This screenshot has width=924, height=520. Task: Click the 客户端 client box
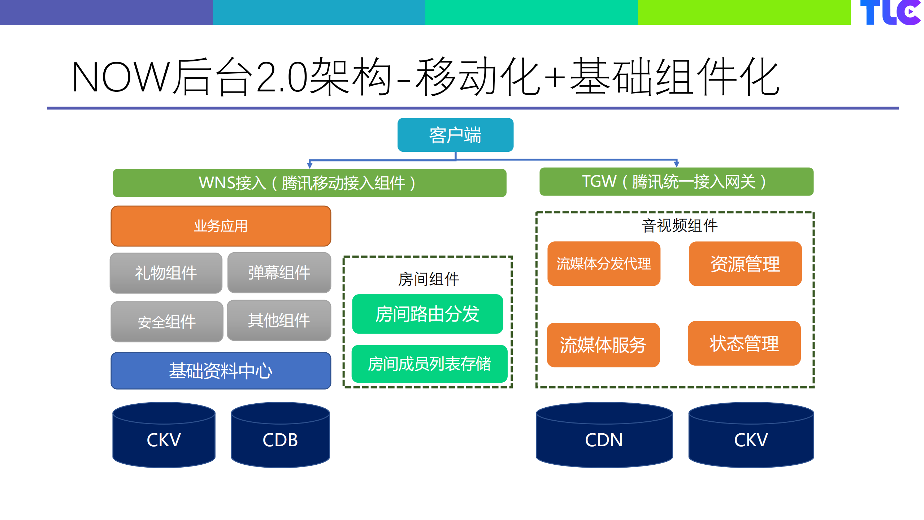[x=455, y=135]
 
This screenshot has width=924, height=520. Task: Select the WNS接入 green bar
[x=309, y=183]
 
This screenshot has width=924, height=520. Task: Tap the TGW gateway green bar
[x=676, y=182]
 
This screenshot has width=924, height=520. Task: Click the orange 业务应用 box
[x=221, y=226]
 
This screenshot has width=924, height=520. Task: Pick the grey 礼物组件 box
[x=166, y=273]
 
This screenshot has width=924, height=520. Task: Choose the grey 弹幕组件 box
[x=279, y=272]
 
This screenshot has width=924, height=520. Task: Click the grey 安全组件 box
[x=166, y=322]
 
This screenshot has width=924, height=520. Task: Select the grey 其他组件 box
[x=279, y=320]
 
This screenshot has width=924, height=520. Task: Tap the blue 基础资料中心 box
[x=221, y=371]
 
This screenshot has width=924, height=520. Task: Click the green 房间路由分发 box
[x=427, y=314]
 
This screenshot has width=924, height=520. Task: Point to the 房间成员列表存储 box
[x=429, y=364]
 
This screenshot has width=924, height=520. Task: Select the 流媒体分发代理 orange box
[x=604, y=264]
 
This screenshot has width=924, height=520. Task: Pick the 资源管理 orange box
[x=745, y=264]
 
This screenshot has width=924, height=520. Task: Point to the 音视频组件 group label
[x=679, y=226]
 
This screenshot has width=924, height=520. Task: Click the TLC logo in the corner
[x=890, y=13]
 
